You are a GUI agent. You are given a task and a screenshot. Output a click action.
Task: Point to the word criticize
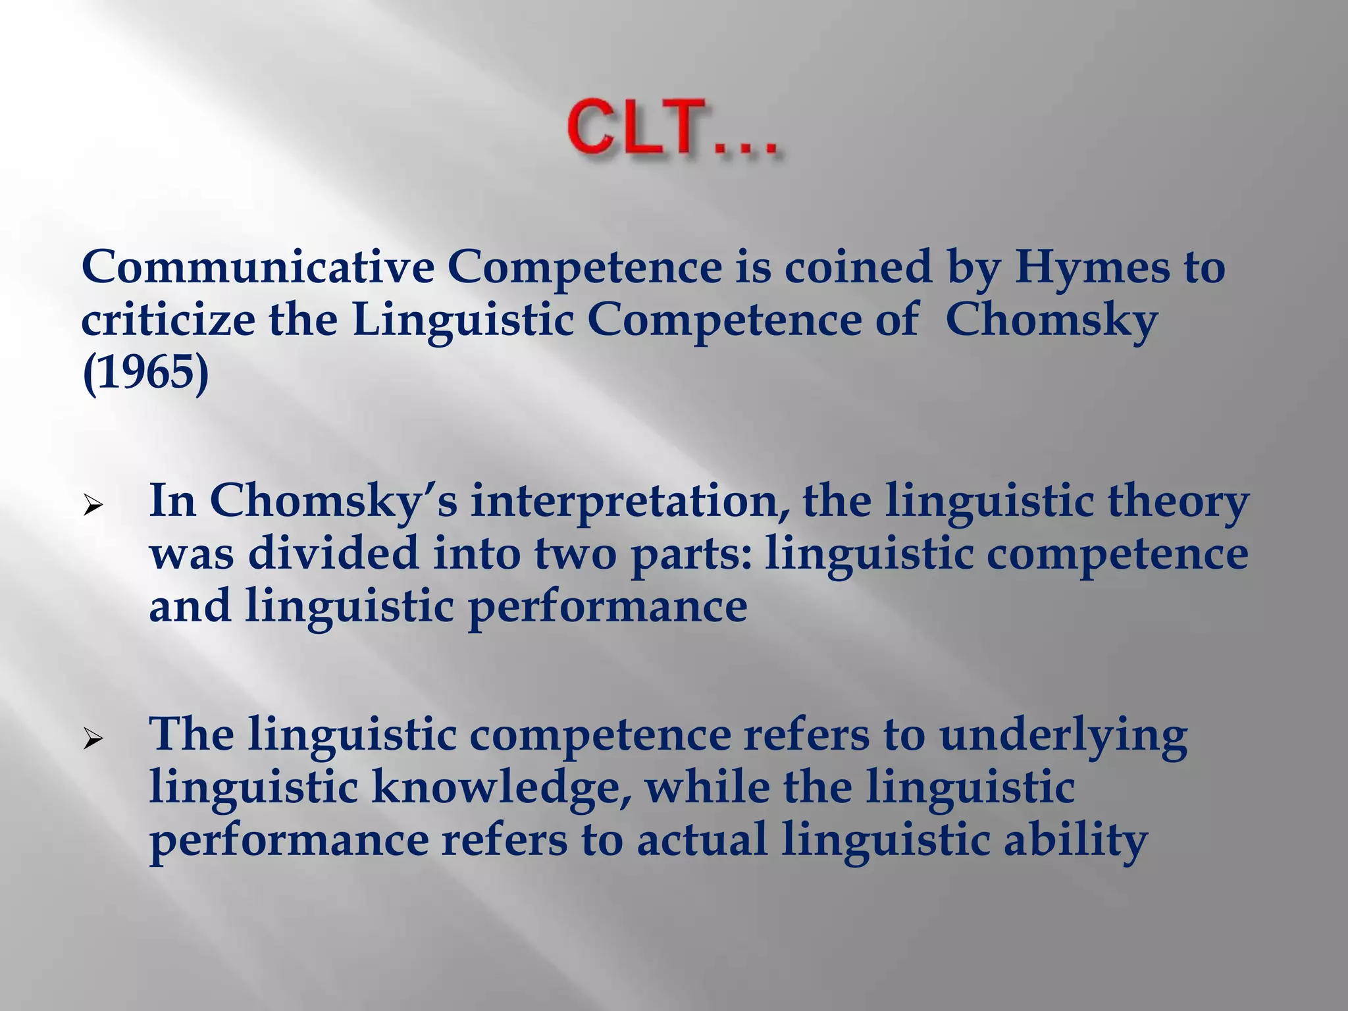pos(168,321)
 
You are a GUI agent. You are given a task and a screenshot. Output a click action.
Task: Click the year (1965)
pos(145,373)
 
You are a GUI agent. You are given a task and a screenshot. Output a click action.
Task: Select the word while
pos(707,787)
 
